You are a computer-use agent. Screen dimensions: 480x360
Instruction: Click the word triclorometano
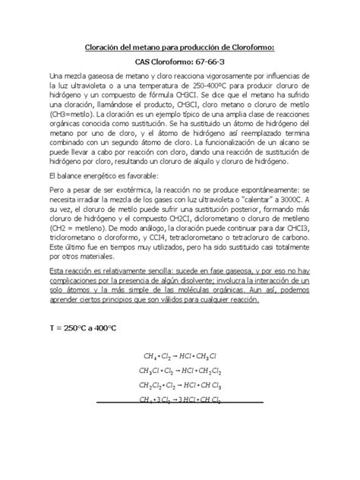click(x=74, y=243)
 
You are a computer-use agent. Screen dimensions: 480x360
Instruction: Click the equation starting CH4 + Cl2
click(x=181, y=357)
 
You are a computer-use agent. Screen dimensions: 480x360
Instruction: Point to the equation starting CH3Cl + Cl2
click(x=181, y=371)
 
